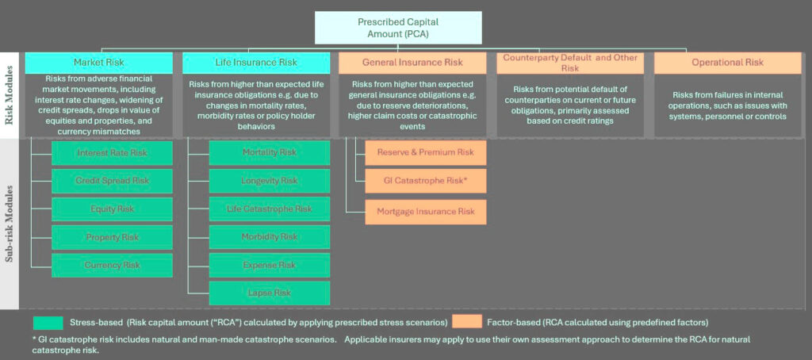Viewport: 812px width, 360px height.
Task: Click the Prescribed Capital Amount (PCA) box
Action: [397, 28]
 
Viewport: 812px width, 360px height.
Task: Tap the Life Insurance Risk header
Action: [256, 63]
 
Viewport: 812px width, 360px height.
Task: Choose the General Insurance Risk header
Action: [412, 63]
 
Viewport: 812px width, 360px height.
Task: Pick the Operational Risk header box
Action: [726, 63]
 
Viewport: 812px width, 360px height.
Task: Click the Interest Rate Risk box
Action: [112, 152]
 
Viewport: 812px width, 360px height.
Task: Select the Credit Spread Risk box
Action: [112, 181]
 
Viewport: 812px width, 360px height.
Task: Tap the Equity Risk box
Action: [112, 209]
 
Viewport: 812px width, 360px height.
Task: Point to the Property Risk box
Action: [112, 237]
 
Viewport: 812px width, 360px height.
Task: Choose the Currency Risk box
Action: [112, 265]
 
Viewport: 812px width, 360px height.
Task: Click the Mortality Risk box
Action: [270, 152]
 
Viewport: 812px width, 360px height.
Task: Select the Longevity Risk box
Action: [270, 181]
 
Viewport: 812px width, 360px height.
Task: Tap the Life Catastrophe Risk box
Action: [270, 209]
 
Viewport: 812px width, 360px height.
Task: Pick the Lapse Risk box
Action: [270, 293]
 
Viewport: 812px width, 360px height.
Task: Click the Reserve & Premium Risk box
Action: [426, 152]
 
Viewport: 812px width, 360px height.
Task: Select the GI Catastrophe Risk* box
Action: [426, 181]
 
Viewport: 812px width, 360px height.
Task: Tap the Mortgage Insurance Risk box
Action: [426, 212]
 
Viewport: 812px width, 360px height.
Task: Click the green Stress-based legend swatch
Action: [47, 322]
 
